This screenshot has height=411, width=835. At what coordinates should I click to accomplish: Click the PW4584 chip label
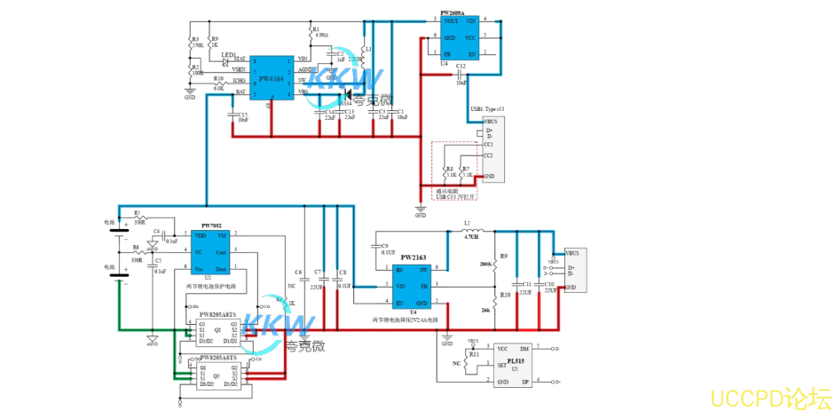point(271,78)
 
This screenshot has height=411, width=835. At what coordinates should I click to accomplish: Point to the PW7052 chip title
point(211,226)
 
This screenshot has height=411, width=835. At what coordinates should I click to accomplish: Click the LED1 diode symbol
point(227,62)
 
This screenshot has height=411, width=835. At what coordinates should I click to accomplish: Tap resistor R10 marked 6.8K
point(218,81)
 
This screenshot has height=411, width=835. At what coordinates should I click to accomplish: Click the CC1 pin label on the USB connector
point(488,144)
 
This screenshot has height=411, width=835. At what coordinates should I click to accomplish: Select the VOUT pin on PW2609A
point(452,20)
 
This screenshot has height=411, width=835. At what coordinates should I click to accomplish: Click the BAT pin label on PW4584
point(240,91)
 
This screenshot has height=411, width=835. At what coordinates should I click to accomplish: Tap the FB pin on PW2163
point(423,287)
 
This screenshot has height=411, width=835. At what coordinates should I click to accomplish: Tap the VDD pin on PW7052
point(201,235)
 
